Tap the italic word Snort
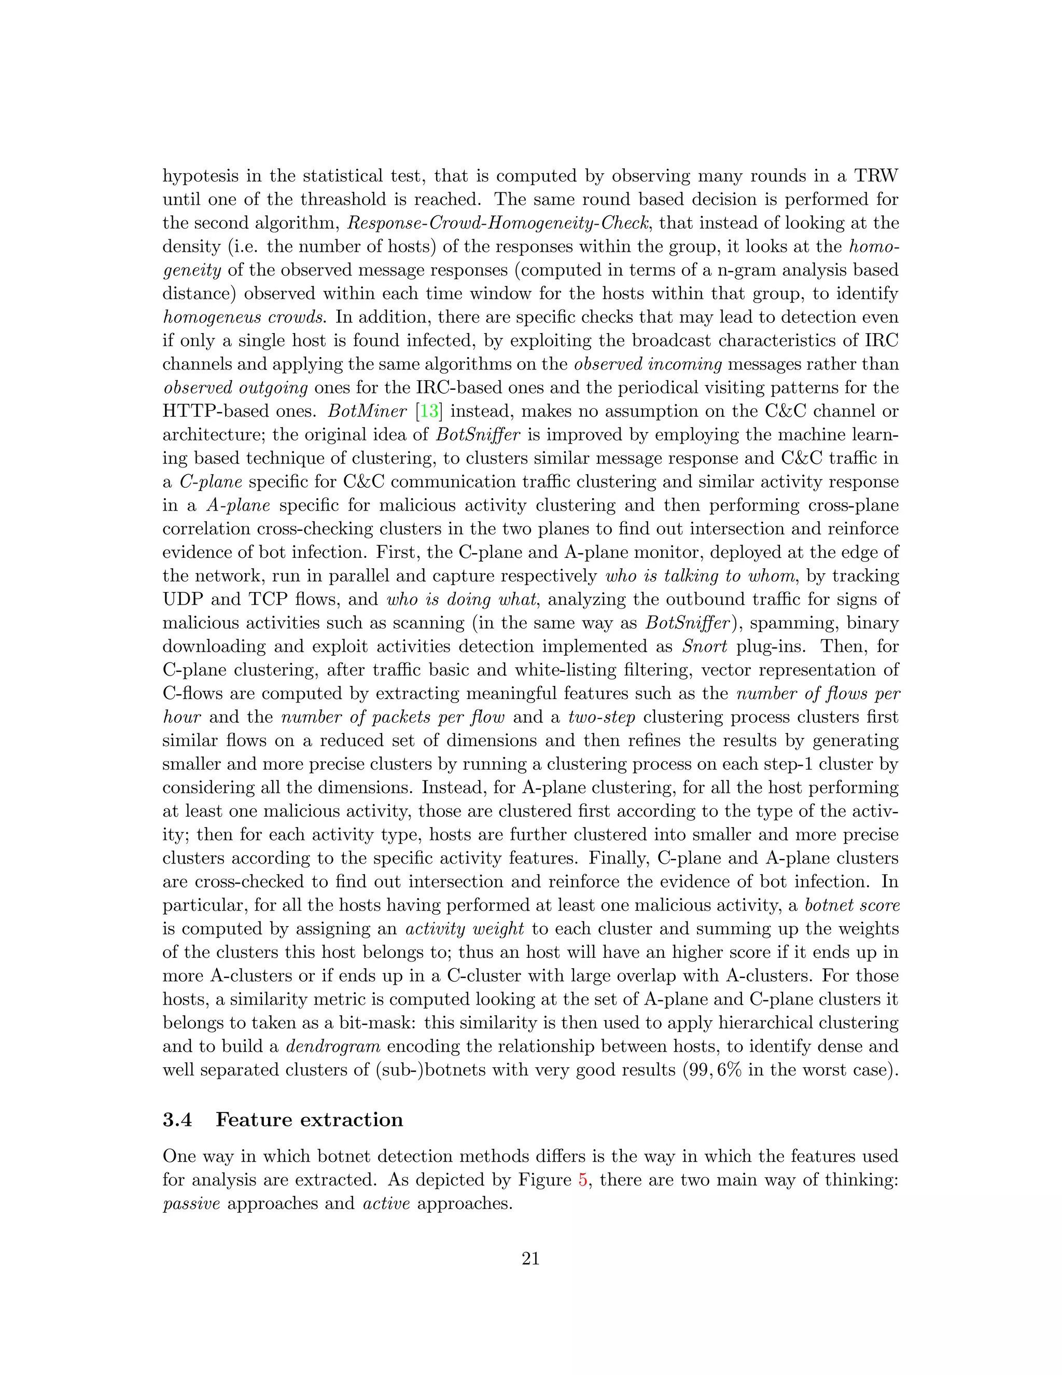pyautogui.click(x=705, y=647)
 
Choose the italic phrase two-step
pyautogui.click(x=601, y=718)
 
